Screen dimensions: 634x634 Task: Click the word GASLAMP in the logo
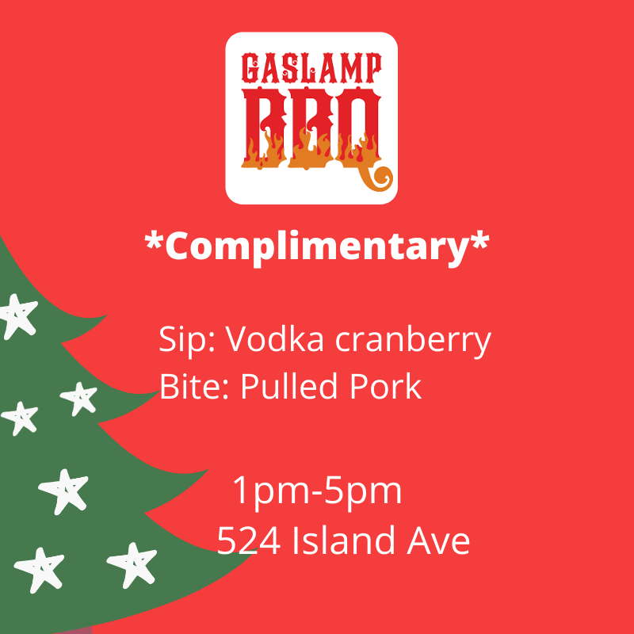tap(311, 68)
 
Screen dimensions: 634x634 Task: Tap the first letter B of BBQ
tap(265, 128)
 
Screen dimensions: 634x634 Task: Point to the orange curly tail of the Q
tap(376, 177)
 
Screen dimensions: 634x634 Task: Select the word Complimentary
tap(317, 247)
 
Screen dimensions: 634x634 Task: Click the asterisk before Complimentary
tap(154, 241)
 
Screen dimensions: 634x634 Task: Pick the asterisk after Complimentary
tap(480, 241)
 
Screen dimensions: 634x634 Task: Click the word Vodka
tap(274, 338)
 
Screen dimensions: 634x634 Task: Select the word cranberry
tap(413, 341)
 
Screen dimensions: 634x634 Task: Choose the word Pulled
tap(289, 386)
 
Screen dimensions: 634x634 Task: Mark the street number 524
tap(249, 540)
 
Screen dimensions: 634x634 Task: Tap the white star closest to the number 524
tap(132, 564)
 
